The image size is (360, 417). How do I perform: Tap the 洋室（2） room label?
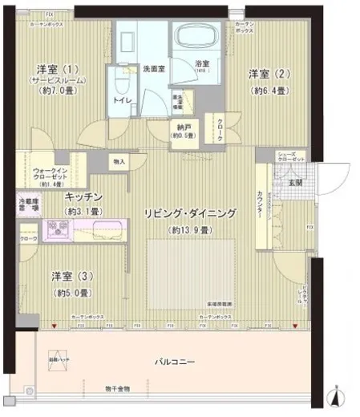click(x=265, y=75)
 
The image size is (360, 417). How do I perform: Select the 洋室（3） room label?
click(x=73, y=277)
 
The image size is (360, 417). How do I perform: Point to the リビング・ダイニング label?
click(x=189, y=213)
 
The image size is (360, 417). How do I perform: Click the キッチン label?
click(x=83, y=196)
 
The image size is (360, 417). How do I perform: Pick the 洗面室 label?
click(x=154, y=69)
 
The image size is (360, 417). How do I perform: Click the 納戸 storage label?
click(x=183, y=127)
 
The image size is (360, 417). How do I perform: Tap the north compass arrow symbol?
click(x=337, y=395)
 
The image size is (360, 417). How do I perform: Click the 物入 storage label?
click(x=119, y=162)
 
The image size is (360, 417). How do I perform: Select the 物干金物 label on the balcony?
click(x=118, y=389)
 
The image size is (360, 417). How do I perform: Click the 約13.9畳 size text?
click(x=189, y=230)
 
